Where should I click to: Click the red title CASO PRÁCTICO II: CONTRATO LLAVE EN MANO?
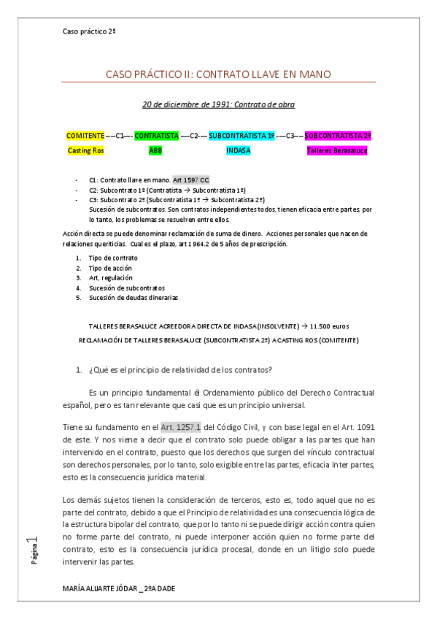(x=219, y=74)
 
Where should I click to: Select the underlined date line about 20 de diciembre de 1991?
(x=219, y=104)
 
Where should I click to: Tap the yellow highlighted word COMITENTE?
(x=85, y=136)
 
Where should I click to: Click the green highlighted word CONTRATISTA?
(x=157, y=136)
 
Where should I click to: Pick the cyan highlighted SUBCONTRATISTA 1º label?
(x=241, y=136)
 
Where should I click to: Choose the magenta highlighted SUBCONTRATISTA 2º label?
(x=338, y=136)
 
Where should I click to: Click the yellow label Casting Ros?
(x=85, y=150)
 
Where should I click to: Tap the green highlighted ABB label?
(x=155, y=150)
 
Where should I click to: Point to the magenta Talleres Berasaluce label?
(x=337, y=150)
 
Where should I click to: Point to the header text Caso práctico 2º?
(x=90, y=32)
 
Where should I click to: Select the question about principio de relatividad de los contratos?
(x=179, y=369)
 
